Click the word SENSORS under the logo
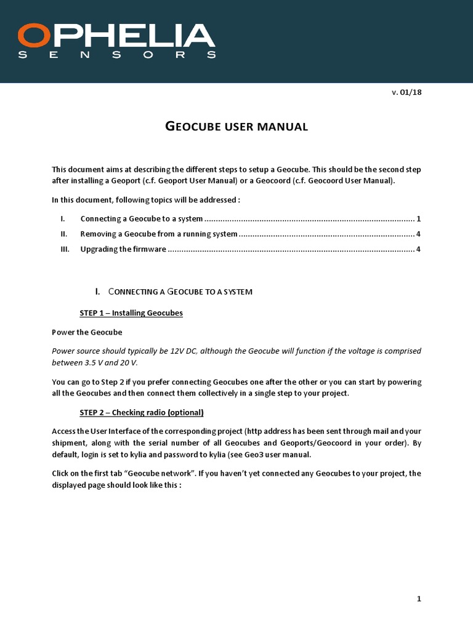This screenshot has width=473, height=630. (117, 55)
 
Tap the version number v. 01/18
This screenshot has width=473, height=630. (406, 92)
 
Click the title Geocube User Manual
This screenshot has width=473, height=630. (236, 127)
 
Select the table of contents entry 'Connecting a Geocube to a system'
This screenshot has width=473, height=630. (142, 218)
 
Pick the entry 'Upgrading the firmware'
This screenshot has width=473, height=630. (123, 249)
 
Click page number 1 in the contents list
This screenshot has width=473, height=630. (418, 218)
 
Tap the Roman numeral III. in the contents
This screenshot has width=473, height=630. (65, 249)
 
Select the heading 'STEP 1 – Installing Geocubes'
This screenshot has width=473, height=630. (131, 313)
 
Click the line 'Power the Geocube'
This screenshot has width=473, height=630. (87, 332)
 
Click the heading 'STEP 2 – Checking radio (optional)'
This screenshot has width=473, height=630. (142, 412)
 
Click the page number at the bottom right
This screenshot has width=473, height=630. (419, 599)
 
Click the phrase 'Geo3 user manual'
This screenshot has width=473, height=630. (272, 455)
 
